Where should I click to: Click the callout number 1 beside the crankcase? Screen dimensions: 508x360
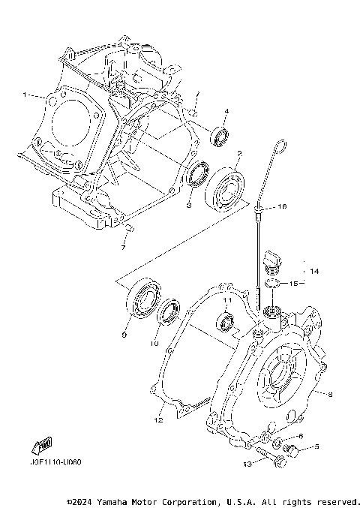[x=24, y=95]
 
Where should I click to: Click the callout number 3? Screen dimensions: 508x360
[x=190, y=204]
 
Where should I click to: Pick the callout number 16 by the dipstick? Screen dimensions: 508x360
[x=282, y=206]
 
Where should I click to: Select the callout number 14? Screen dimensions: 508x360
[x=314, y=271]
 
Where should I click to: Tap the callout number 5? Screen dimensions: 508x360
[x=316, y=447]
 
